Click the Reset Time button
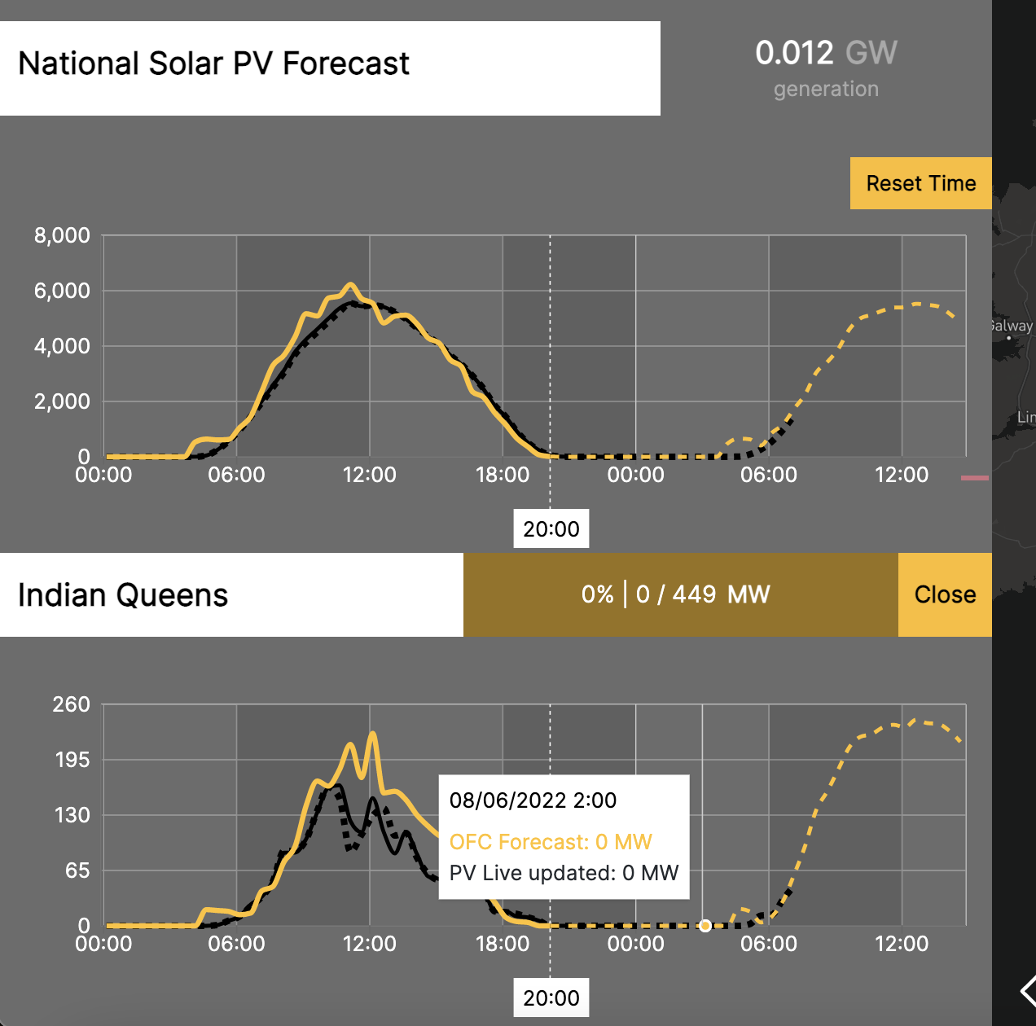pyautogui.click(x=920, y=183)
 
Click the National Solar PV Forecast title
pyautogui.click(x=213, y=64)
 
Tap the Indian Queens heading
pyautogui.click(x=123, y=595)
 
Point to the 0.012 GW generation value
pyautogui.click(x=826, y=54)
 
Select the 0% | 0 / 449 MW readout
pyautogui.click(x=676, y=594)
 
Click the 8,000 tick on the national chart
pyautogui.click(x=62, y=236)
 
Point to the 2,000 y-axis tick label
pyautogui.click(x=62, y=401)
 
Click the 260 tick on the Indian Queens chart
pyautogui.click(x=72, y=704)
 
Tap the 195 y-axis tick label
pyautogui.click(x=72, y=760)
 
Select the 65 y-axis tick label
pyautogui.click(x=77, y=870)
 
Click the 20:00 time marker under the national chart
pyautogui.click(x=551, y=529)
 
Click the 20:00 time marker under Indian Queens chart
pyautogui.click(x=551, y=998)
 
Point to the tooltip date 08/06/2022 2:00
pyautogui.click(x=533, y=800)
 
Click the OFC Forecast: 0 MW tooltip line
pyautogui.click(x=551, y=842)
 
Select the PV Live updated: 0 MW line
pyautogui.click(x=564, y=873)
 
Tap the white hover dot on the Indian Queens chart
pyautogui.click(x=705, y=926)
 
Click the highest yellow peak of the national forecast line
pyautogui.click(x=350, y=285)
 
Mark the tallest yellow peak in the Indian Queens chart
pyautogui.click(x=373, y=734)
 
